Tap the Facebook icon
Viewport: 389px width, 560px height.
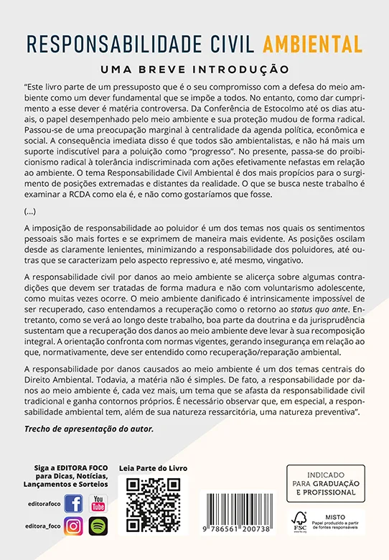point(73,503)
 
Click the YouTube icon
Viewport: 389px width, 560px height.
point(98,503)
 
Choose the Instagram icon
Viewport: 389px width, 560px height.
point(73,526)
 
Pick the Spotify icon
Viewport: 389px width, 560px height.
point(98,526)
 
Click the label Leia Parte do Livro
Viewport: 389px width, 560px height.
point(153,468)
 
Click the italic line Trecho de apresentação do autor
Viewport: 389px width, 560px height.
point(89,429)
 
